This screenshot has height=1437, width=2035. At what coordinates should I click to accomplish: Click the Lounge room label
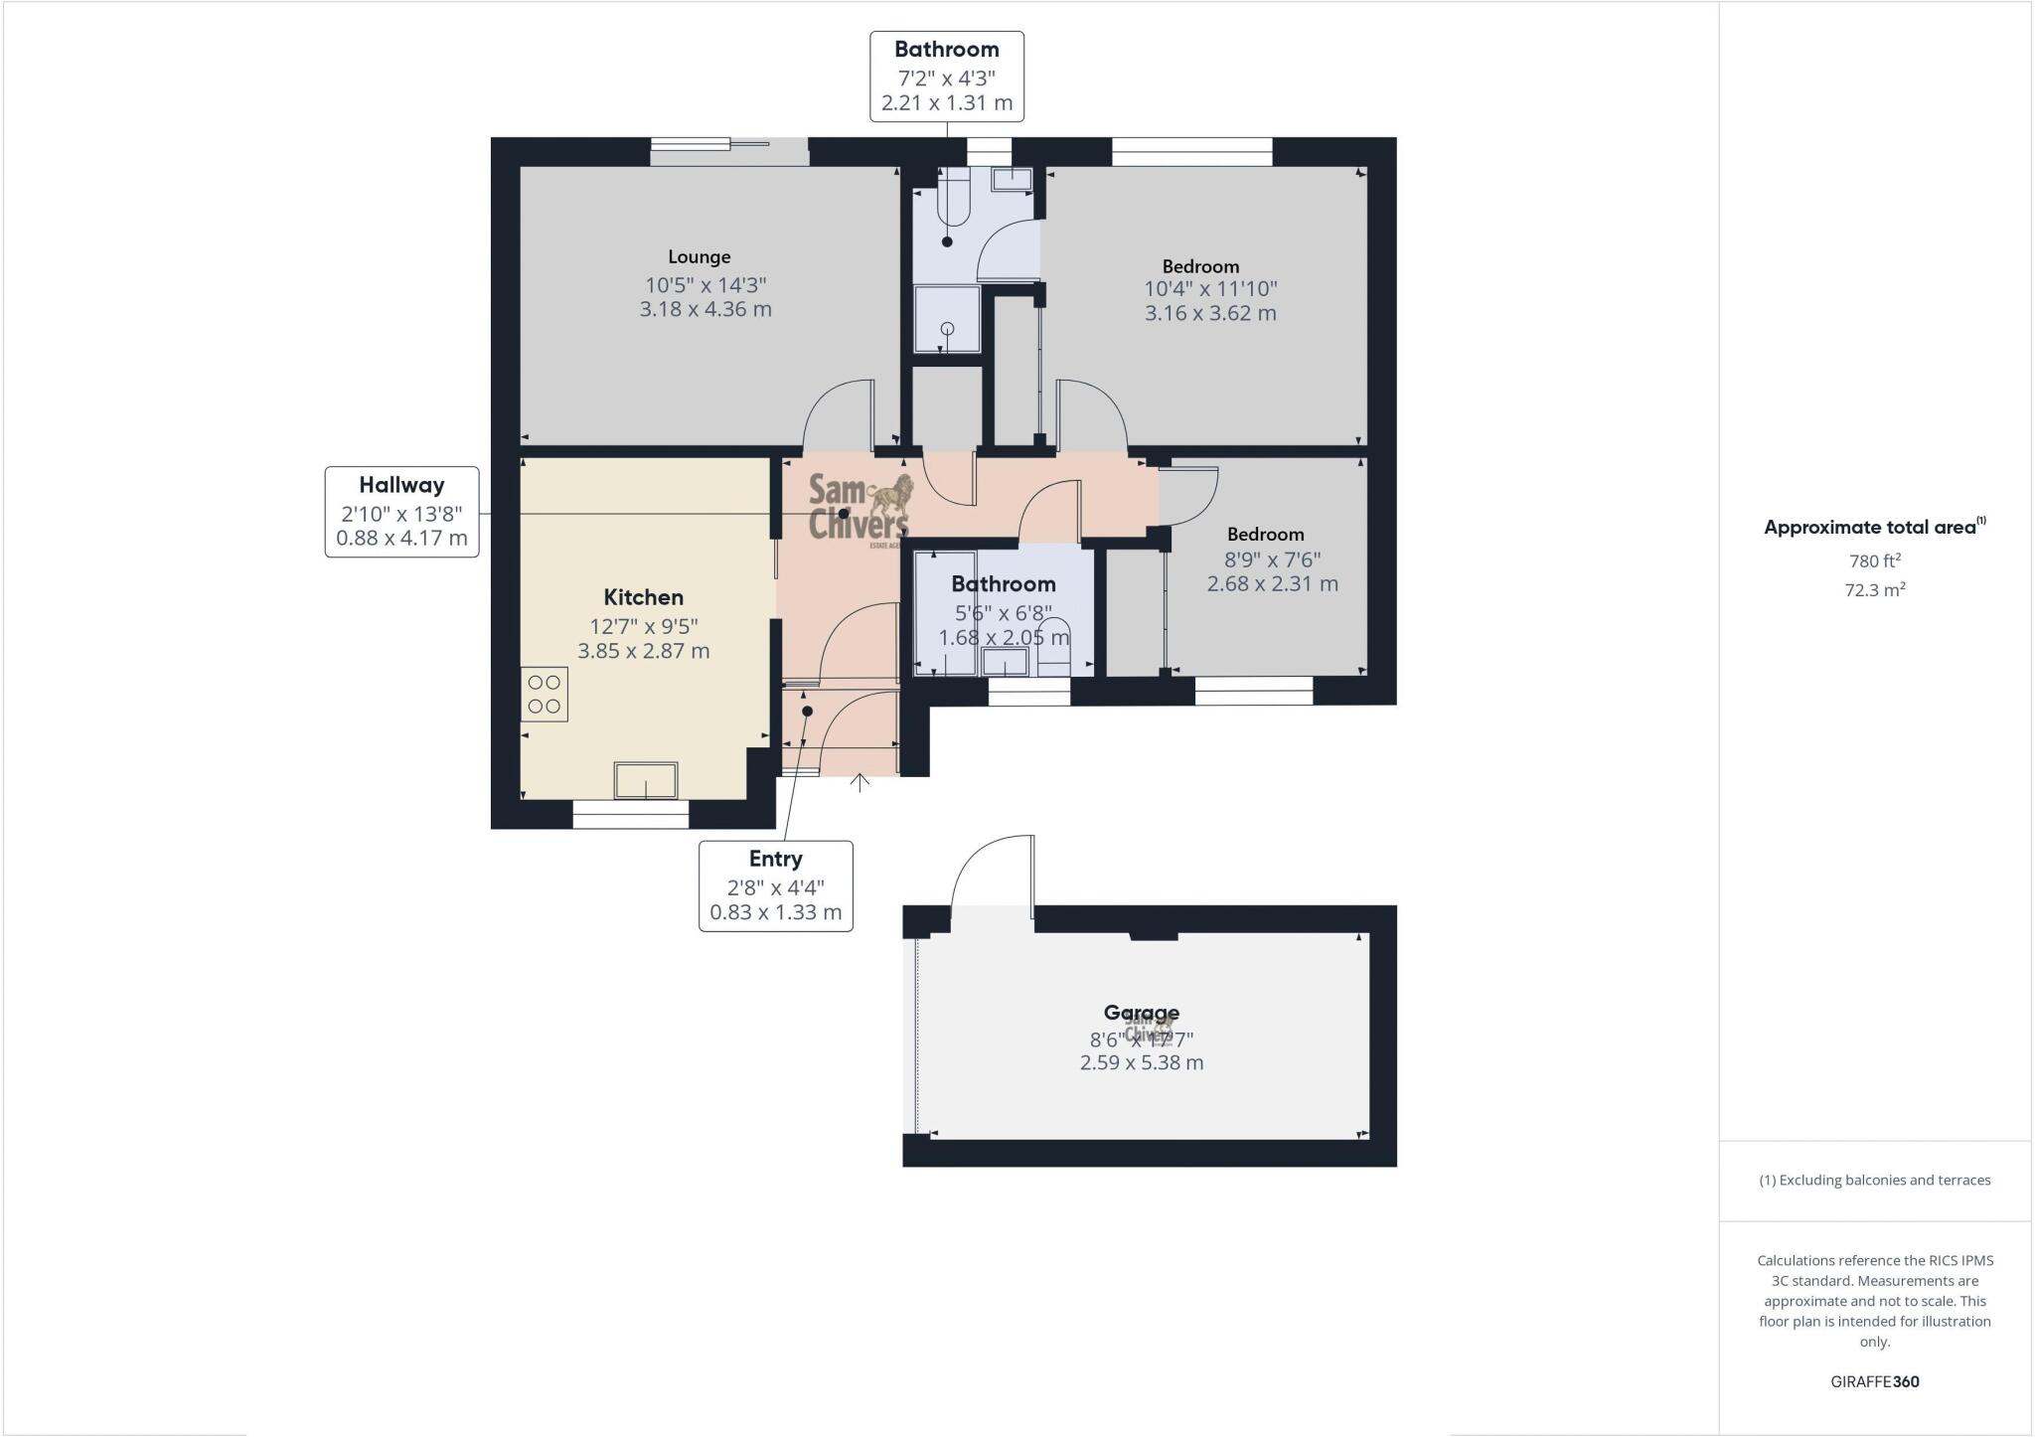699,256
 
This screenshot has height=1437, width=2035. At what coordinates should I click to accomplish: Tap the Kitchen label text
643,597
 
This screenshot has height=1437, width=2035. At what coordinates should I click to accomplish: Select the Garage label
1141,1012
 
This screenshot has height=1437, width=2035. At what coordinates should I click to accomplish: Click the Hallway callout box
401,512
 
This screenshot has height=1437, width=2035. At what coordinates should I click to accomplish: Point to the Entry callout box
775,885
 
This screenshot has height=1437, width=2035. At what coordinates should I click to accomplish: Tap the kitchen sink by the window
646,779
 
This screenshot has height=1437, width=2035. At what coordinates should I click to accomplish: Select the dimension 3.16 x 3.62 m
1210,313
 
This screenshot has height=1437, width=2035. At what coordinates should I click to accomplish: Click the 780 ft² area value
1874,560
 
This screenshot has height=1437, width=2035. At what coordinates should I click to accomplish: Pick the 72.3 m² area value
1874,589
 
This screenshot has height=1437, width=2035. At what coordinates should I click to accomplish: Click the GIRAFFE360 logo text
1874,1381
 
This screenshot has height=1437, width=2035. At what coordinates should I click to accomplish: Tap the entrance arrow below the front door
861,782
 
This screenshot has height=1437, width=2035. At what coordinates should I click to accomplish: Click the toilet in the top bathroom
954,199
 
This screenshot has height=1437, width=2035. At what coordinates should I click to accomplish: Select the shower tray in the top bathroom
947,319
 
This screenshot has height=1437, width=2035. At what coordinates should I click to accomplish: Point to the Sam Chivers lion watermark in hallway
860,506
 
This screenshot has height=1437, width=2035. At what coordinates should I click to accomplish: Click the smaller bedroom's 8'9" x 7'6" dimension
1272,559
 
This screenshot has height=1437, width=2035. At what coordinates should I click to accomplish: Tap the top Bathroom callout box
946,77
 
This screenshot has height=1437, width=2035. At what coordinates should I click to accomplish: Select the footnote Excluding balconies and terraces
1874,1181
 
